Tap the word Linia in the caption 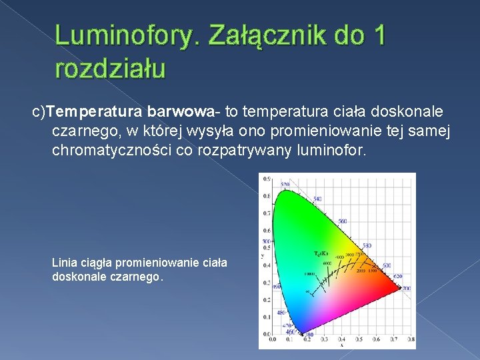65,263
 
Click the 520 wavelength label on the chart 285,183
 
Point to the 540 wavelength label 317,199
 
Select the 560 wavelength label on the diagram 342,221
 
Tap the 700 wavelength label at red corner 406,288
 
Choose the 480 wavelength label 281,312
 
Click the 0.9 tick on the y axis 267,179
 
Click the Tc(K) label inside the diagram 320,254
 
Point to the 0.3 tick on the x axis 324,340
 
